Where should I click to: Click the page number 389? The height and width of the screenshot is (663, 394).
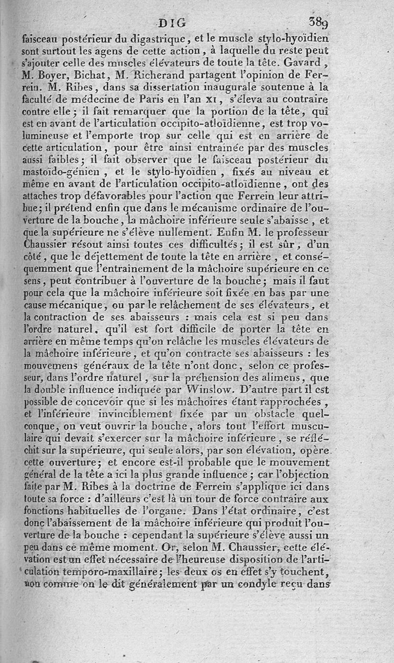pos(319,22)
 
